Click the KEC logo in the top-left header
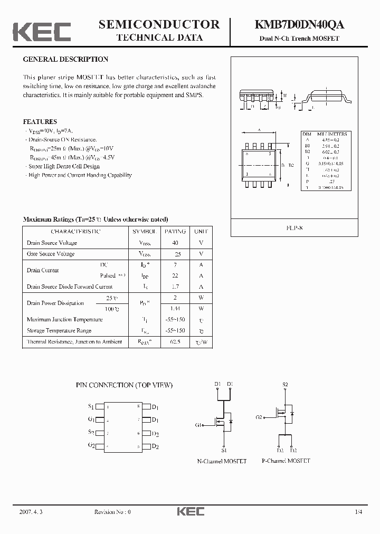pos(42,31)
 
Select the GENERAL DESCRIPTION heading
pos(65,60)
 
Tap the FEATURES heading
pos(40,121)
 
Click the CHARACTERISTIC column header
pos(75,232)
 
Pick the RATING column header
pos(175,232)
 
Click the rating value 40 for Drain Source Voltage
pos(175,243)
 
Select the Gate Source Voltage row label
pos(51,254)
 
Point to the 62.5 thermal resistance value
pos(175,342)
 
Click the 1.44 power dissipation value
pos(175,308)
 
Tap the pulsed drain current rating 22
pos(175,276)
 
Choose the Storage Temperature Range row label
pos(59,331)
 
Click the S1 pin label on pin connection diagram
pos(91,407)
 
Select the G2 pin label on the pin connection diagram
pos(91,446)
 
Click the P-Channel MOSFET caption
pos(286,461)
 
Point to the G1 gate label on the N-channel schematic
pos(199,425)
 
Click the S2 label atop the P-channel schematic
pos(286,384)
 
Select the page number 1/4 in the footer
pos(359,512)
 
